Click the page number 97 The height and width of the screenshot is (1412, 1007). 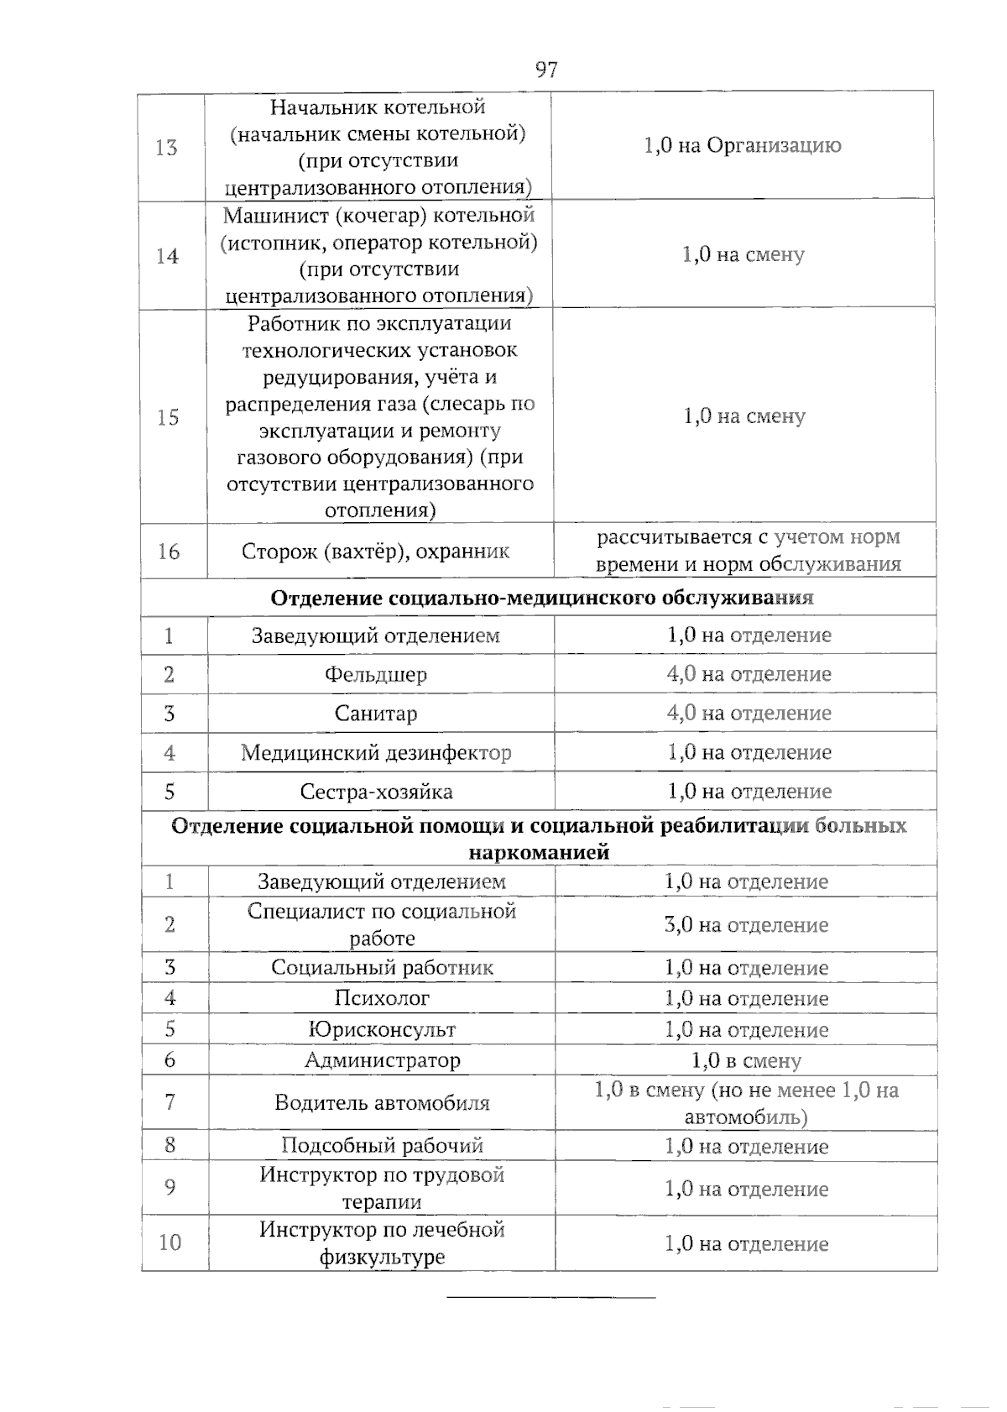546,70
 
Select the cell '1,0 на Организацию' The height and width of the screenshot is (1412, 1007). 742,146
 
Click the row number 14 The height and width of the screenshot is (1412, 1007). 167,256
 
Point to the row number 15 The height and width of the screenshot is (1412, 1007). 168,417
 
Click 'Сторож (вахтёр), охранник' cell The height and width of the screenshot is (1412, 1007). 376,552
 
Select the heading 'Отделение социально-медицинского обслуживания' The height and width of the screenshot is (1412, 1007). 541,598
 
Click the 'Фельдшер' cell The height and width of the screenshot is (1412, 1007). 375,675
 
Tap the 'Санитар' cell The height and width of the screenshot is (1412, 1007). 375,714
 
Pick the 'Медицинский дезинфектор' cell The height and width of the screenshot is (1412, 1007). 376,753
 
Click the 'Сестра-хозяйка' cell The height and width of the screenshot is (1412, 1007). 376,792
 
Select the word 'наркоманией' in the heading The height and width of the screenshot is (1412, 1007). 538,853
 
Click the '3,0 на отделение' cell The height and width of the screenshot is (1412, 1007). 745,925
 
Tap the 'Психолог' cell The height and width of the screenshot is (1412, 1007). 382,998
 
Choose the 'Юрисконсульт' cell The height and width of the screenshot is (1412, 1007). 382,1029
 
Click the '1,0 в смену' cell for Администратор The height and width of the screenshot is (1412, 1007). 746,1060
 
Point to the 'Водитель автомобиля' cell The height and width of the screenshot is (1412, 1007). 382,1103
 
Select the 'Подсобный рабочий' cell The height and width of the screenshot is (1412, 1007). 382,1146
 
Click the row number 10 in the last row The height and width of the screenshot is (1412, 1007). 170,1242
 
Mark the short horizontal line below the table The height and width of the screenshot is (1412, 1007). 550,1298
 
